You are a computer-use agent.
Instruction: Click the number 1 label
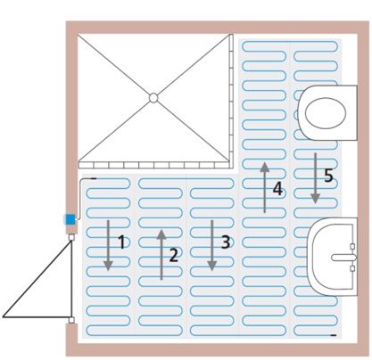pyautogui.click(x=122, y=241)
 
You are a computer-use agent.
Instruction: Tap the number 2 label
pyautogui.click(x=174, y=255)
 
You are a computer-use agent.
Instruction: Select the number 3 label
pyautogui.click(x=226, y=242)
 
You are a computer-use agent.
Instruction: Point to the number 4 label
pyautogui.click(x=277, y=189)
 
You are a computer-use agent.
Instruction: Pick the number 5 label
pyautogui.click(x=328, y=176)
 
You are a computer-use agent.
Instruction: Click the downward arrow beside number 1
pyautogui.click(x=108, y=245)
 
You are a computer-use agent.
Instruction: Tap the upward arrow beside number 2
pyautogui.click(x=161, y=255)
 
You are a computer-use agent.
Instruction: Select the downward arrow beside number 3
pyautogui.click(x=211, y=245)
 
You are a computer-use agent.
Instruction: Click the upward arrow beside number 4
pyautogui.click(x=264, y=187)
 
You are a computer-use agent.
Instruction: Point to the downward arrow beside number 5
pyautogui.click(x=315, y=178)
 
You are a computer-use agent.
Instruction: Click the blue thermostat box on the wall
pyautogui.click(x=70, y=219)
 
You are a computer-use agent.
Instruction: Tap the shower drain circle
pyautogui.click(x=153, y=98)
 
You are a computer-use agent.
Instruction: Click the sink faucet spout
pyautogui.click(x=343, y=258)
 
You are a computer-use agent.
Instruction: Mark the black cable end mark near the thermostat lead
pyautogui.click(x=93, y=178)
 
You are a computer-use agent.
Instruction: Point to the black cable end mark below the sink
pyautogui.click(x=334, y=335)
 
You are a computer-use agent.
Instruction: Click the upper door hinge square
pyautogui.click(x=71, y=237)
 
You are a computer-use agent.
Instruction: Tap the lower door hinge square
pyautogui.click(x=71, y=320)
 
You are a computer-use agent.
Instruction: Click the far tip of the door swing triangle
pyautogui.click(x=3, y=317)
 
